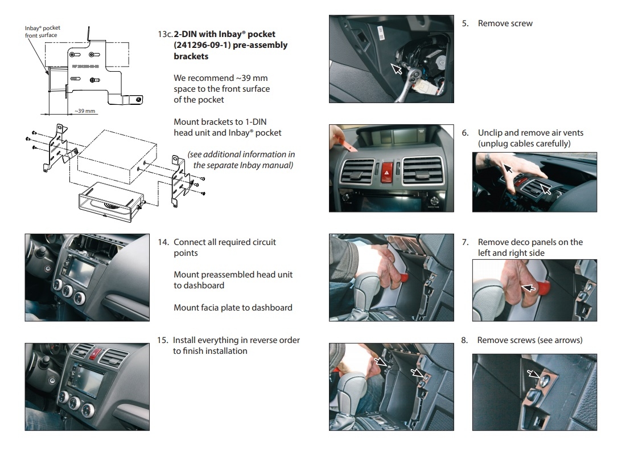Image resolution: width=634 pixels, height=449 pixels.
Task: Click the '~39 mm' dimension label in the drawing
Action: pyautogui.click(x=84, y=111)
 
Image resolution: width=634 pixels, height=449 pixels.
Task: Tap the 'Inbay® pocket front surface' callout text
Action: pyautogui.click(x=42, y=31)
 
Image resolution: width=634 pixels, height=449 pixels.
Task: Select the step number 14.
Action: pyautogui.click(x=163, y=242)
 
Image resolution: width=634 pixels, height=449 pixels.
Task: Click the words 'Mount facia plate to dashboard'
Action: pyautogui.click(x=233, y=308)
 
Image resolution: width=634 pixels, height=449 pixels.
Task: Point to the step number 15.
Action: pyautogui.click(x=163, y=340)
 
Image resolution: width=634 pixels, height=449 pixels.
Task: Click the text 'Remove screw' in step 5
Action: pyautogui.click(x=505, y=23)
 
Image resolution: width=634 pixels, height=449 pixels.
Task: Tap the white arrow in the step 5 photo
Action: pyautogui.click(x=397, y=70)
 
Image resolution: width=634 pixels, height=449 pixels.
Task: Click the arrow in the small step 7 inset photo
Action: pyautogui.click(x=529, y=288)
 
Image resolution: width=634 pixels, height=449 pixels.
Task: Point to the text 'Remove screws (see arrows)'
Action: pyautogui.click(x=529, y=340)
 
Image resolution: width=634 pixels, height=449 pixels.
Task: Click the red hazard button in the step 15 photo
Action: pyautogui.click(x=94, y=355)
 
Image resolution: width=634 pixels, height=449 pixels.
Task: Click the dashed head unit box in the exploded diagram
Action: pyautogui.click(x=114, y=154)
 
